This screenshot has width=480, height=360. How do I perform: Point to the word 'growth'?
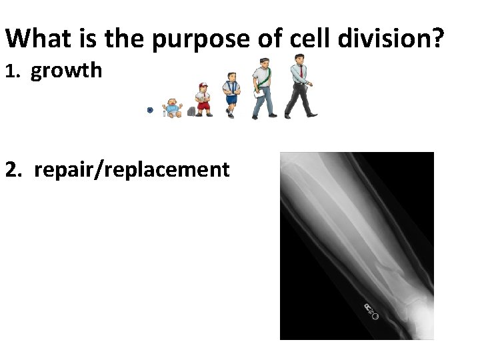[67, 70]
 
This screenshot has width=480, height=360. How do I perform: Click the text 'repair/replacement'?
[132, 169]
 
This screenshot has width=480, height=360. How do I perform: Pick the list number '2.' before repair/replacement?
[16, 169]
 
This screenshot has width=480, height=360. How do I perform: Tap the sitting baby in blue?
[173, 108]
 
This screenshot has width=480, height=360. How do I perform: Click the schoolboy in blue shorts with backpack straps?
[231, 95]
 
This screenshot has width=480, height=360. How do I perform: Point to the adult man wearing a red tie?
[299, 85]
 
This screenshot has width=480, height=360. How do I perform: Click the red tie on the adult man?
[301, 71]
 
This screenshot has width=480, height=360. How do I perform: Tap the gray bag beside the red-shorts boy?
[191, 111]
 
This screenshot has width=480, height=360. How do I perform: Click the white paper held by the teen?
[258, 95]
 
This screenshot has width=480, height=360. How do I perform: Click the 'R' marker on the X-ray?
[368, 307]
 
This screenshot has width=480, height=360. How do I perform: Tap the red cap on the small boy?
[203, 85]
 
